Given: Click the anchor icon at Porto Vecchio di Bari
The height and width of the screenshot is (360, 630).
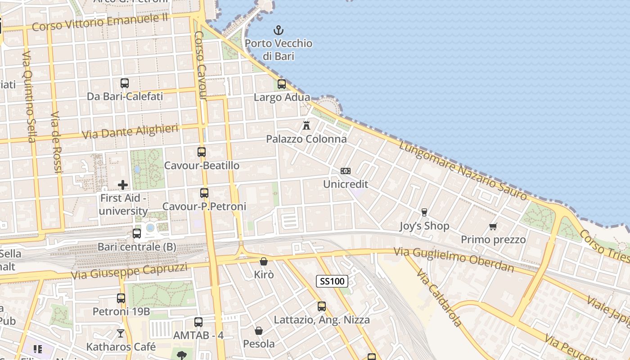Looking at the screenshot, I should (x=279, y=31).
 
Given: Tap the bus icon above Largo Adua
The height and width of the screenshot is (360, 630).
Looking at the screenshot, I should (x=282, y=84).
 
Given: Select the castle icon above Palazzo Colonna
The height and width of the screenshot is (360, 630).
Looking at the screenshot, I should (x=306, y=125).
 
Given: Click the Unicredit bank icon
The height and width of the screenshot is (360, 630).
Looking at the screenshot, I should (x=346, y=171).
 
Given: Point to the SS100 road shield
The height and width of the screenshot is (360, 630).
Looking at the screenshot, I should (x=333, y=282).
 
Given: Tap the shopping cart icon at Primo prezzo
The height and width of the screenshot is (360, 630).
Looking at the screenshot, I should (x=493, y=226).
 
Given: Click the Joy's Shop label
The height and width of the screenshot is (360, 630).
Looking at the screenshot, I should (x=424, y=226).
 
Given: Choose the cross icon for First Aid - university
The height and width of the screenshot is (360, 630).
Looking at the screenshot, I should (x=122, y=185).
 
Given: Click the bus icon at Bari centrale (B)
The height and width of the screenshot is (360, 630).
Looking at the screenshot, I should (x=137, y=234).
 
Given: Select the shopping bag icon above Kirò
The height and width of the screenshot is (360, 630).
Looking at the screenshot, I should (x=264, y=261).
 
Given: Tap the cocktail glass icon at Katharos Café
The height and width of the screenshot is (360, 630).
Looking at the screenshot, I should (x=121, y=333).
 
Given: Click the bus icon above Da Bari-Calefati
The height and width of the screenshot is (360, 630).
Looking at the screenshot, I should (x=125, y=83).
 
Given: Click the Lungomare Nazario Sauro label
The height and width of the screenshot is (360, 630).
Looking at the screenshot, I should (x=463, y=171).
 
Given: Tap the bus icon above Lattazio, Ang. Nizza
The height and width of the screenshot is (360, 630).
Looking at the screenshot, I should (x=322, y=306).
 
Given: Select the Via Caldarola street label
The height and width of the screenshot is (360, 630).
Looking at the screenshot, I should (x=439, y=297).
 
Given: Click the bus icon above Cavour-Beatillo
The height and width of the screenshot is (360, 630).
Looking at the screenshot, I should (x=202, y=152).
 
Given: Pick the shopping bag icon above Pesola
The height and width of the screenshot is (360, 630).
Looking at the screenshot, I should (x=259, y=331).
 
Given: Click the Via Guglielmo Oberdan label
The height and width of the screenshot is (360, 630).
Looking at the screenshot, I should (x=454, y=259).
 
